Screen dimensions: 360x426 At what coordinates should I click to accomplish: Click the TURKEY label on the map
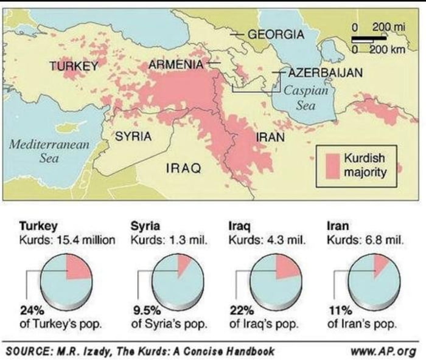pos(74,66)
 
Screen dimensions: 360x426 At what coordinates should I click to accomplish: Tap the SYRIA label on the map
pos(133,137)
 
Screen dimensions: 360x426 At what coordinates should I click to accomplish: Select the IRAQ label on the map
pos(184,167)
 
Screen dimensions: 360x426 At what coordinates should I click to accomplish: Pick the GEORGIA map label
pos(276,34)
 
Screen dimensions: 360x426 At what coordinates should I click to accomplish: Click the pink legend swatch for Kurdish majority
pos(332,165)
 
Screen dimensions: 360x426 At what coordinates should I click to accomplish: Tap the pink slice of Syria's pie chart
pos(184,262)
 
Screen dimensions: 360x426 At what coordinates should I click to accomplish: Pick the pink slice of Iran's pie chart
pos(380,263)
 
